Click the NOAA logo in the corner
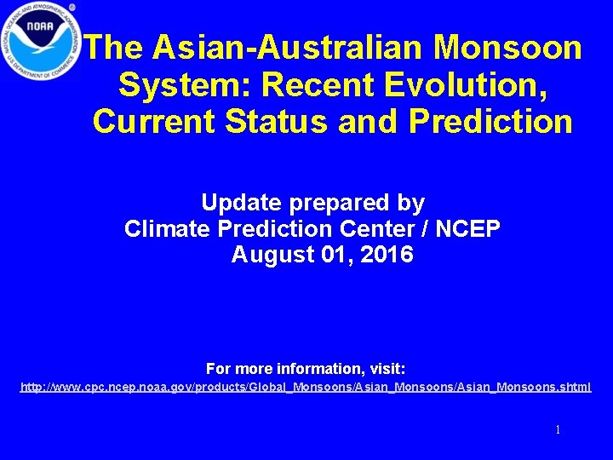(41, 41)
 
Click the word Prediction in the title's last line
(491, 121)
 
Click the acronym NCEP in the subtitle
(467, 228)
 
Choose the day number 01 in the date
(332, 254)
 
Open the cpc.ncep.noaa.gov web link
(306, 388)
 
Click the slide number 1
(558, 430)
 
